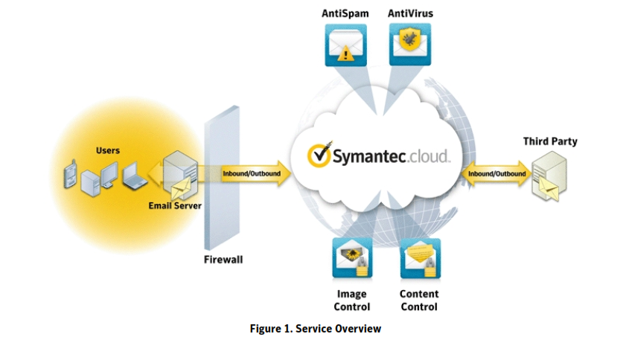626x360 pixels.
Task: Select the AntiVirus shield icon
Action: (409, 44)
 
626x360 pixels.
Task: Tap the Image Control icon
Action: (352, 258)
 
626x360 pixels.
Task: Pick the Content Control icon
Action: (419, 258)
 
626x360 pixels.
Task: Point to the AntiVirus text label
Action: (410, 13)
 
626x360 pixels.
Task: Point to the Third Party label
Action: (550, 141)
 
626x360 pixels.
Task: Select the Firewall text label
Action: (223, 260)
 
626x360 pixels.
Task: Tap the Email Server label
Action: (176, 205)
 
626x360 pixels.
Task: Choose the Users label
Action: (108, 151)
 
